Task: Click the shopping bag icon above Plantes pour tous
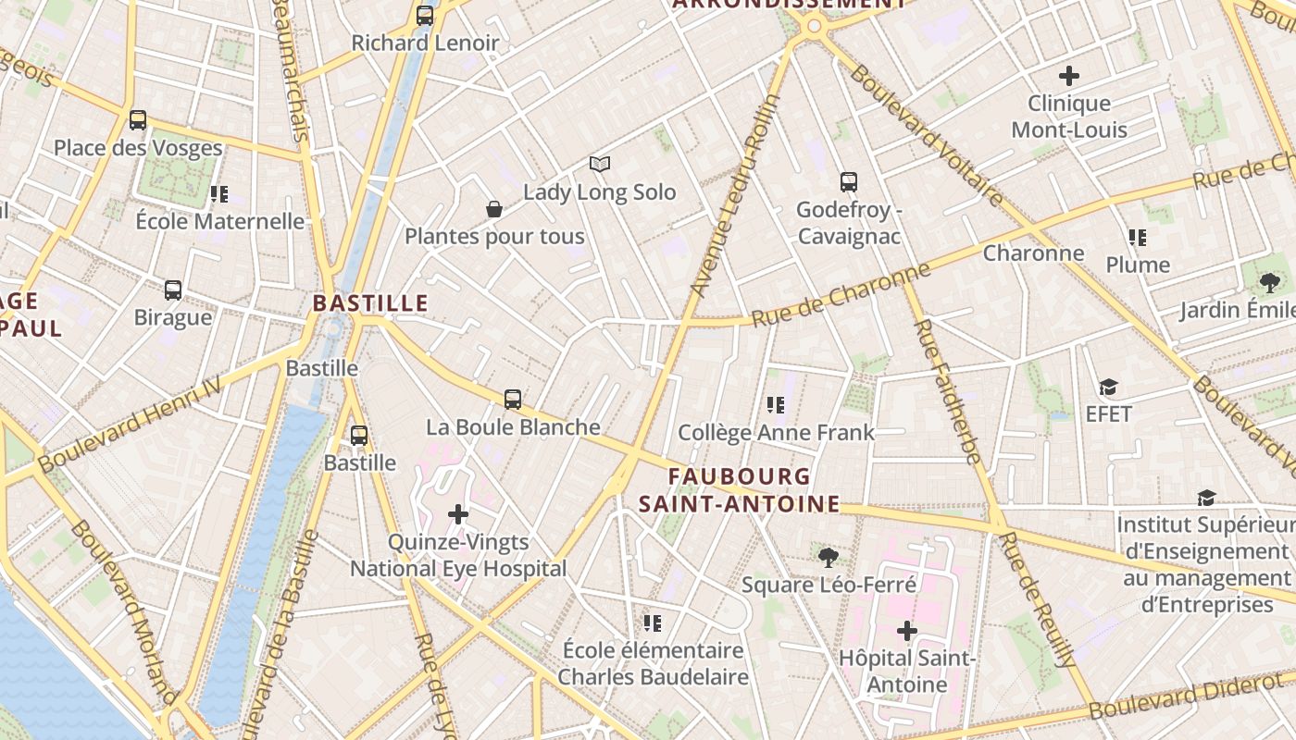[x=494, y=209]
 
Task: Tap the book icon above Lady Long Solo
[x=600, y=165]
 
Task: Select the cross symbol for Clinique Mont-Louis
[x=1069, y=75]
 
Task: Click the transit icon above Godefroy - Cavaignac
[x=849, y=182]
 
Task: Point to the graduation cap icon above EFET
[x=1108, y=387]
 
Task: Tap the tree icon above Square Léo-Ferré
[x=829, y=557]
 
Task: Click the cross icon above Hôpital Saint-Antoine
[x=907, y=631]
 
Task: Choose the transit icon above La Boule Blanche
[x=513, y=400]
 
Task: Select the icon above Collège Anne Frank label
[x=776, y=404]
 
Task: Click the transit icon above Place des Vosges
[x=138, y=120]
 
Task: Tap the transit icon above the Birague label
[x=173, y=290]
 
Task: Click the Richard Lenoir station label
[x=425, y=43]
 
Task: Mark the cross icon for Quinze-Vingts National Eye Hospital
[x=458, y=514]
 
